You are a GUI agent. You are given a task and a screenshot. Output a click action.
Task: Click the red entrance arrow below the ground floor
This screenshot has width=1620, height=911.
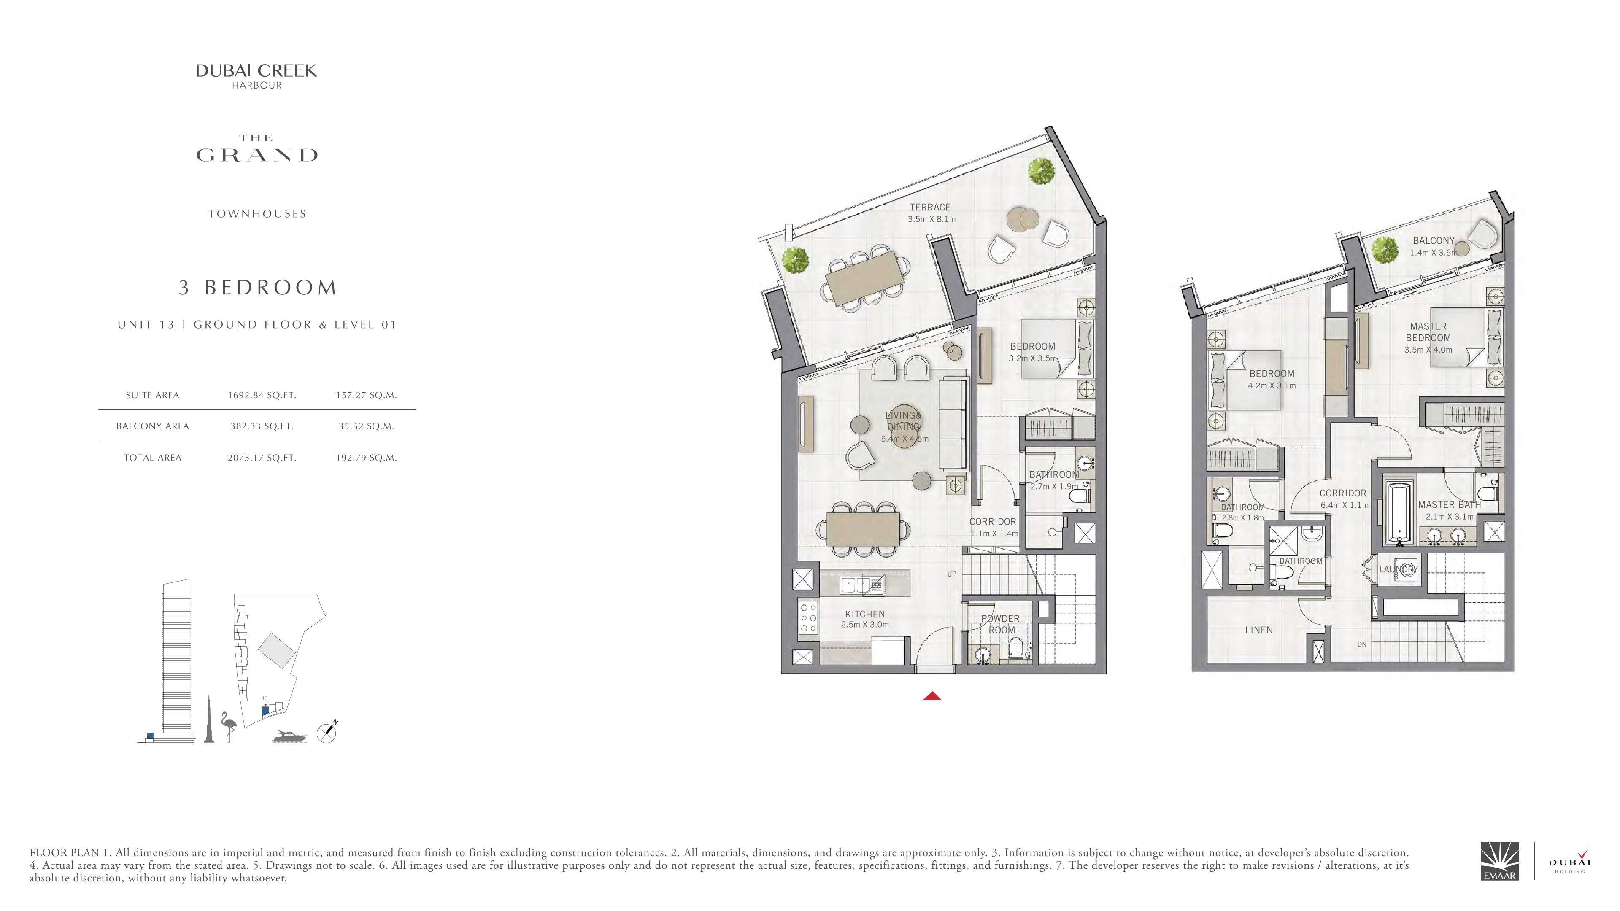coord(932,695)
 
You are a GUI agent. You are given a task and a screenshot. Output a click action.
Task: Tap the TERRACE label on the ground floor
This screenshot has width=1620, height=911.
coord(930,207)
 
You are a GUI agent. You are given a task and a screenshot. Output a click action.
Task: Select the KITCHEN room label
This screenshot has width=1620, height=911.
coord(865,614)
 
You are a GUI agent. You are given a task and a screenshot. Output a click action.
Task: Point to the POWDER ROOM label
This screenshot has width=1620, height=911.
coord(1001,624)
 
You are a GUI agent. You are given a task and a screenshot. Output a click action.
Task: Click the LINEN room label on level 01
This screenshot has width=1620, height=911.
coord(1259,630)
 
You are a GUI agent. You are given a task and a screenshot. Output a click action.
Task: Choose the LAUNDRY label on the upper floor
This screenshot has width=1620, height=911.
coord(1397,570)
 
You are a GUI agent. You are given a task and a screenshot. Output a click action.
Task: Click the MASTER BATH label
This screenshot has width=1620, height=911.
coord(1450,505)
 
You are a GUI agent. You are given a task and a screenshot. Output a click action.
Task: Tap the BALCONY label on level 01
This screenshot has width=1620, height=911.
coord(1434,241)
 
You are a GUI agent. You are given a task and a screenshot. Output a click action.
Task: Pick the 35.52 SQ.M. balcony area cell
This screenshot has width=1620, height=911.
coord(367,426)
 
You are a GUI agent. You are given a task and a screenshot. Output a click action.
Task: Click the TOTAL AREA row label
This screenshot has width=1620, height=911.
coord(152,458)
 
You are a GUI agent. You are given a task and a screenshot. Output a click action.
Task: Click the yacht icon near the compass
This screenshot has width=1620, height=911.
coord(290,736)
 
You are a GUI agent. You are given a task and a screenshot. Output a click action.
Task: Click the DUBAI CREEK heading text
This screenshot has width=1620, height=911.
coord(256,71)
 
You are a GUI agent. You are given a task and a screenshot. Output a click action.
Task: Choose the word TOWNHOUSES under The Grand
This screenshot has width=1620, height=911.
coord(257,214)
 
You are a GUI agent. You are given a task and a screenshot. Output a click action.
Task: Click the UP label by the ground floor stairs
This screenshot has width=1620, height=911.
coord(951,574)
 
